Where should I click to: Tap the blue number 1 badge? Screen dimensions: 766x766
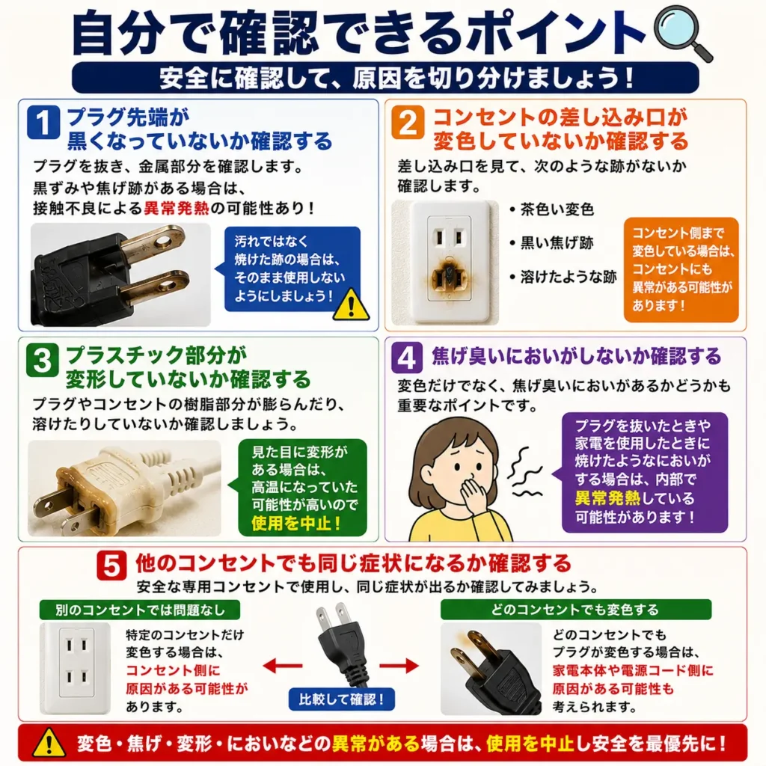point(43,122)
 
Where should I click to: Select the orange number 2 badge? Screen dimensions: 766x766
point(408,123)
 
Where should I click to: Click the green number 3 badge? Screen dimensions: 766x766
point(43,360)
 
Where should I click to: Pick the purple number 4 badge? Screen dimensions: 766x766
point(407,358)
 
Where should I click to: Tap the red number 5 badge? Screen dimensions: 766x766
point(111,566)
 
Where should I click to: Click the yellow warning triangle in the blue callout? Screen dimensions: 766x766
point(351,305)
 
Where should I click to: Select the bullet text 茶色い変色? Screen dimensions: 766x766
point(557,209)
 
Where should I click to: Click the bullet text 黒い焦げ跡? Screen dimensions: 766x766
point(557,243)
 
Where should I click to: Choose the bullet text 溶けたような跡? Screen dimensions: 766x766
point(569,277)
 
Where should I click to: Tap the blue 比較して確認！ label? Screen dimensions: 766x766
point(341,699)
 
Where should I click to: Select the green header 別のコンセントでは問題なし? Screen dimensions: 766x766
point(140,610)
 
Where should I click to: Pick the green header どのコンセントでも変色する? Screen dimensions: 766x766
point(575,610)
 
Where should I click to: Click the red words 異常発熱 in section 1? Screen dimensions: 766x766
point(177,208)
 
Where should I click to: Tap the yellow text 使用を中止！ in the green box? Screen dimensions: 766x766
point(296,523)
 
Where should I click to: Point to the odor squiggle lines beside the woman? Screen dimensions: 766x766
point(524,472)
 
